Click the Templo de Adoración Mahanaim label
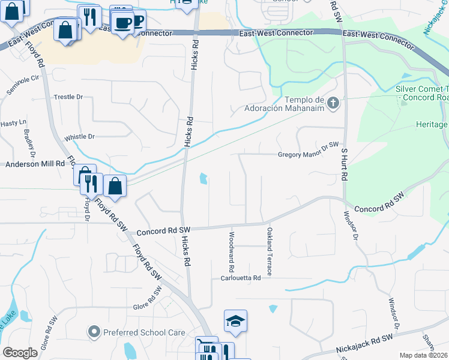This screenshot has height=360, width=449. point(284,104)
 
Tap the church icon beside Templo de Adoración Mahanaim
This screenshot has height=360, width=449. point(334,103)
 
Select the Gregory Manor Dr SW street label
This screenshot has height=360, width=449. point(309,154)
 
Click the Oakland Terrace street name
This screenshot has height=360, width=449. point(270,251)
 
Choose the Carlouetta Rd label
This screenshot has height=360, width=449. point(241,278)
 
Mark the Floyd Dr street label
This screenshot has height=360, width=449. point(86,209)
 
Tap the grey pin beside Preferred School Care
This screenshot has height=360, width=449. point(93,331)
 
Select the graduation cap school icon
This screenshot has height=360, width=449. point(236,322)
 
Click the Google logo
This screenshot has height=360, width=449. point(20,353)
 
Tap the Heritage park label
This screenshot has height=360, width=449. point(432,125)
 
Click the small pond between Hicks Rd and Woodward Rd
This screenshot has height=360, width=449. point(203,178)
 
